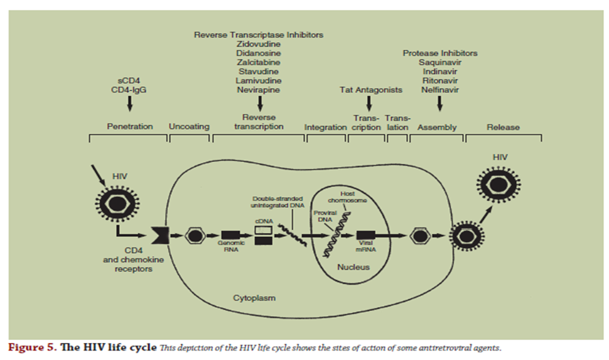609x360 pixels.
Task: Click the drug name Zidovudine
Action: (x=258, y=44)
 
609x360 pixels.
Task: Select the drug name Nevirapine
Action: (x=258, y=90)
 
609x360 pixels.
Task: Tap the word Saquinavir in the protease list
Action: (x=439, y=62)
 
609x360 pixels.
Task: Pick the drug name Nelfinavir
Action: (x=439, y=90)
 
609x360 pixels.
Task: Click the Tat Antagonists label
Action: (x=370, y=90)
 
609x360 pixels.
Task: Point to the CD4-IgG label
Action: (x=129, y=90)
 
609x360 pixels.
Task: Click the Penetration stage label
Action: (x=129, y=127)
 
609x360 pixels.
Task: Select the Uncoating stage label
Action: (x=189, y=127)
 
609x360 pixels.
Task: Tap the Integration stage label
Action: (x=325, y=127)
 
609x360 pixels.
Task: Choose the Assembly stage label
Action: (x=437, y=127)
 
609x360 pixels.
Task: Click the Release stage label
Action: (x=503, y=127)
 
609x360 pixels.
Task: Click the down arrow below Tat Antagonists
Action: (x=369, y=102)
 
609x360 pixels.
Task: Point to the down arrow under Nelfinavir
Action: (x=439, y=102)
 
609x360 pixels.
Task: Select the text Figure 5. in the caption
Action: (x=30, y=347)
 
